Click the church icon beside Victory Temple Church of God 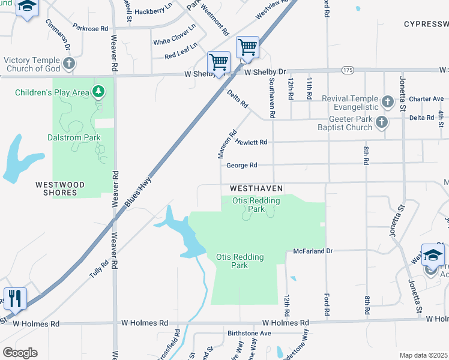pyautogui.click(x=69, y=63)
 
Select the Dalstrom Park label pyautogui.click(x=74, y=137)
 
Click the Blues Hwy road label pyautogui.click(x=138, y=192)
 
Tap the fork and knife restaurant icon pyautogui.click(x=15, y=298)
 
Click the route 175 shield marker pyautogui.click(x=348, y=70)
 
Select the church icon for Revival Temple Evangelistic pyautogui.click(x=387, y=101)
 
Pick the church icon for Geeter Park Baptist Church pyautogui.click(x=381, y=123)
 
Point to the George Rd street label pyautogui.click(x=241, y=166)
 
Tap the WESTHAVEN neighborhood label pyautogui.click(x=256, y=188)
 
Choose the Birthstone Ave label pyautogui.click(x=249, y=334)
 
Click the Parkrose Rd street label pyautogui.click(x=90, y=28)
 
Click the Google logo pyautogui.click(x=20, y=353)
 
